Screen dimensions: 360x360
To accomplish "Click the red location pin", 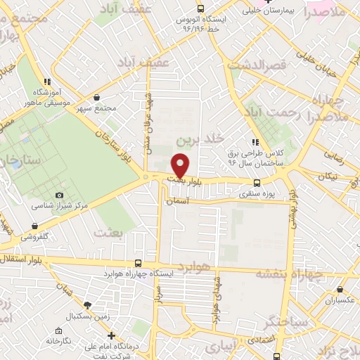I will coord(181,165).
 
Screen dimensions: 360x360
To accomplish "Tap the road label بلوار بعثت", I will coord(186,181).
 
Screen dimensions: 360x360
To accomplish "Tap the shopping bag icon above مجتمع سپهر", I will coord(96,98).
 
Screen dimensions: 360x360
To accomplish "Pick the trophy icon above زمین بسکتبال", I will coord(87,305).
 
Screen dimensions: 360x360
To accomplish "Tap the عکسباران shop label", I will coord(340,300).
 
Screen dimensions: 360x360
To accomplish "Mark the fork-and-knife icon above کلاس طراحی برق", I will coord(255,142).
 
